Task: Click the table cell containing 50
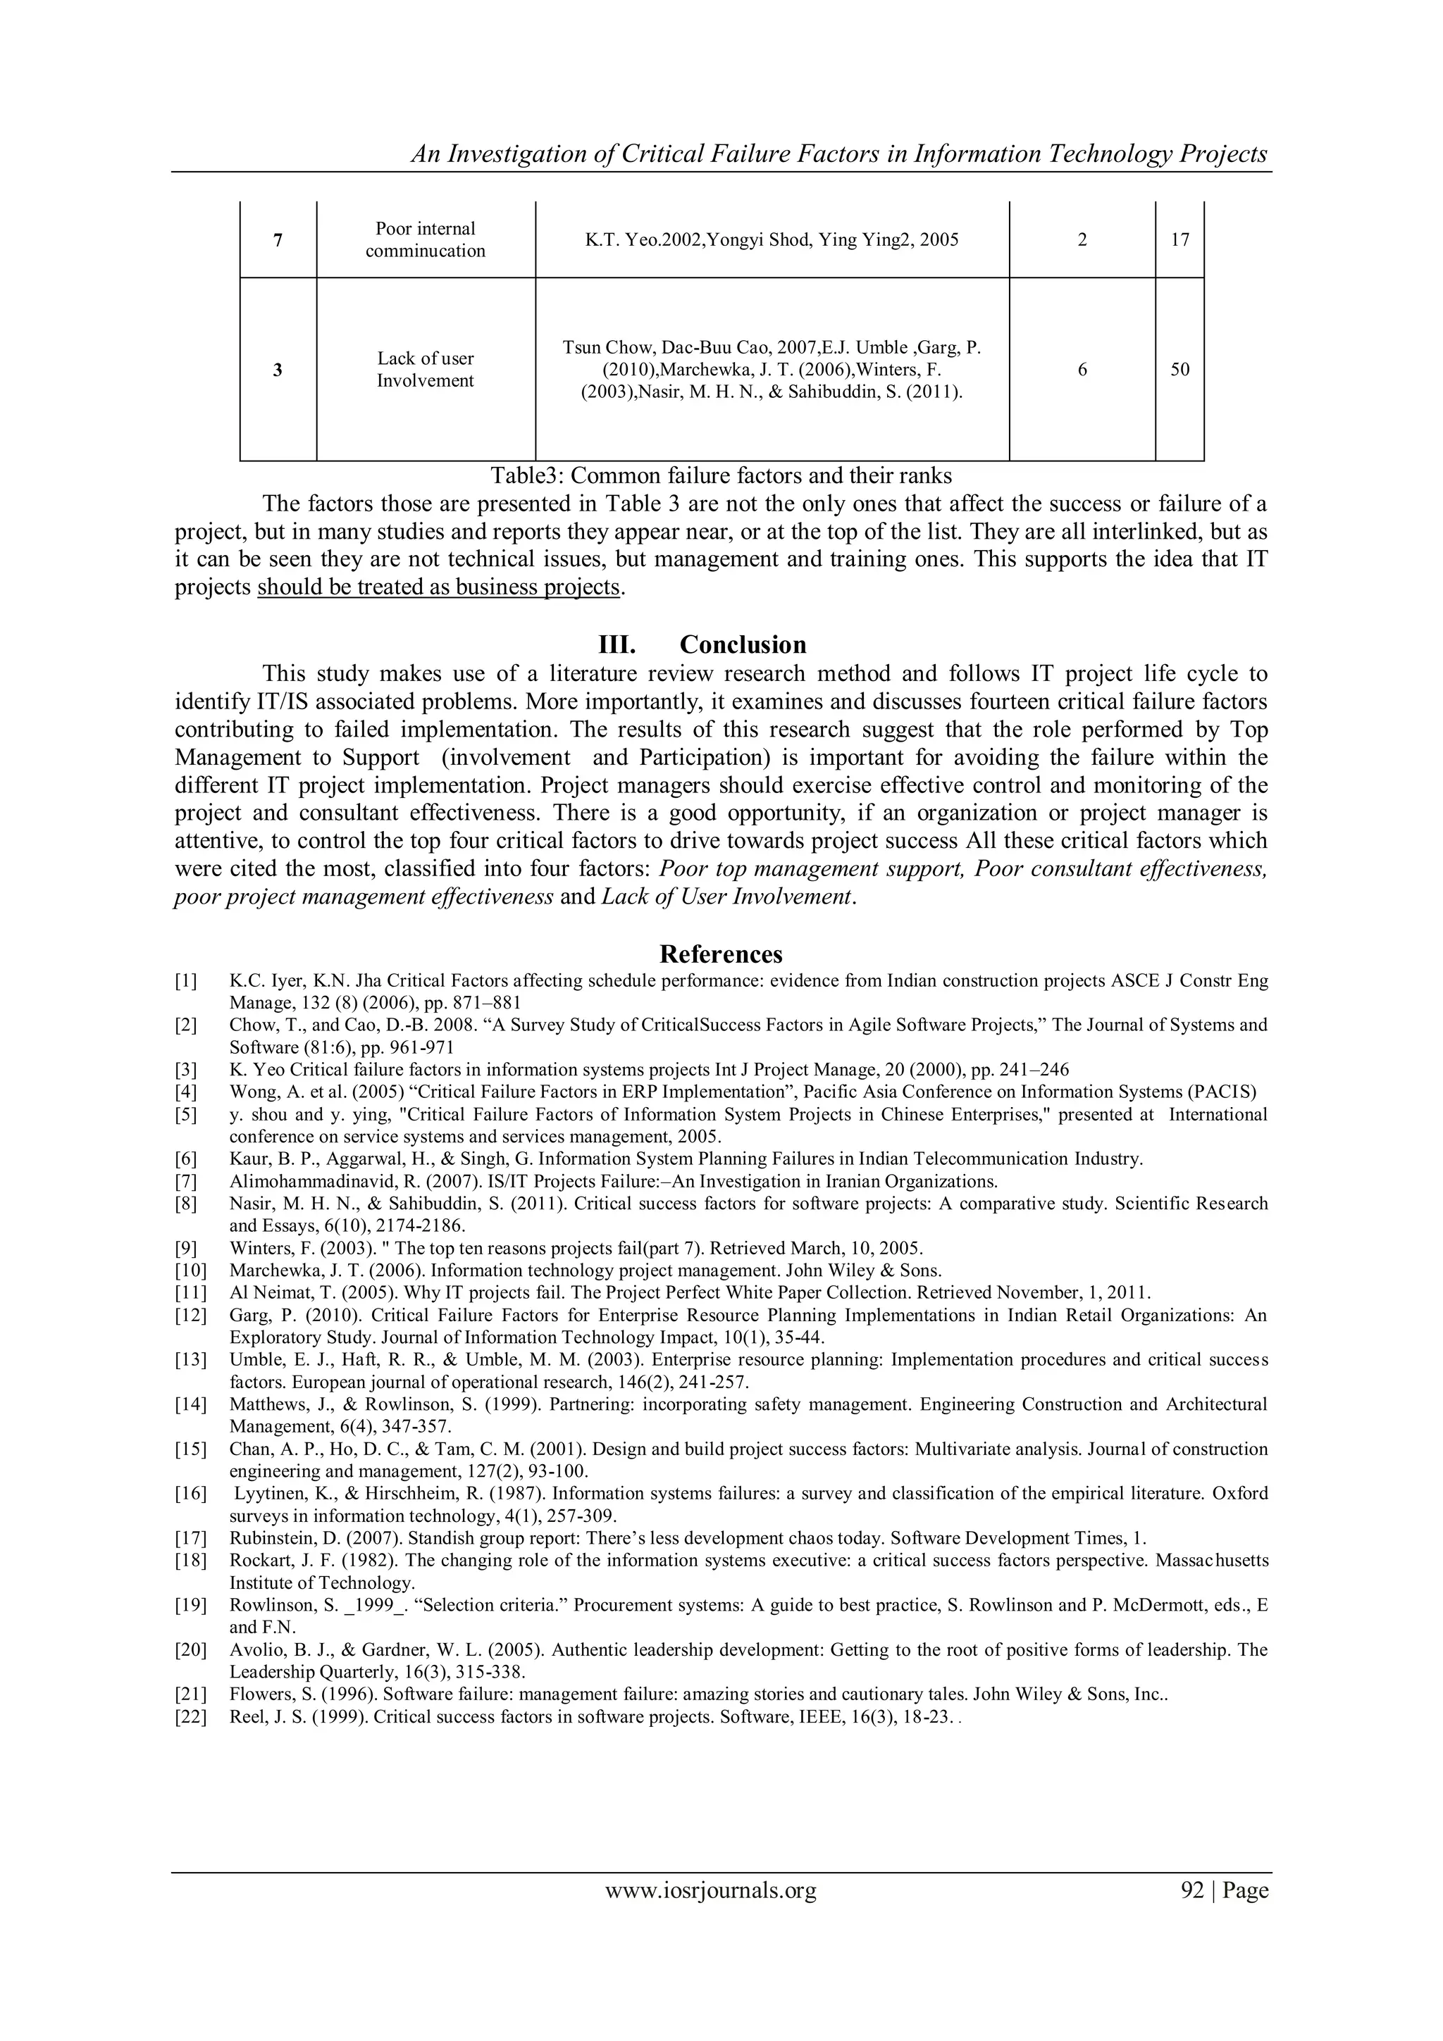1179,370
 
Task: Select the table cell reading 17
1179,240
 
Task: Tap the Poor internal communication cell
425,240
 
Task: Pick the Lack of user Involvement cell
425,370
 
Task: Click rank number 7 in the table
278,240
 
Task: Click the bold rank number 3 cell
278,370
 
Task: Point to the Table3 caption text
721,475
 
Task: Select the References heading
721,954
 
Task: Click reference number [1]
186,981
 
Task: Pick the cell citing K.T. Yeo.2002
771,240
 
